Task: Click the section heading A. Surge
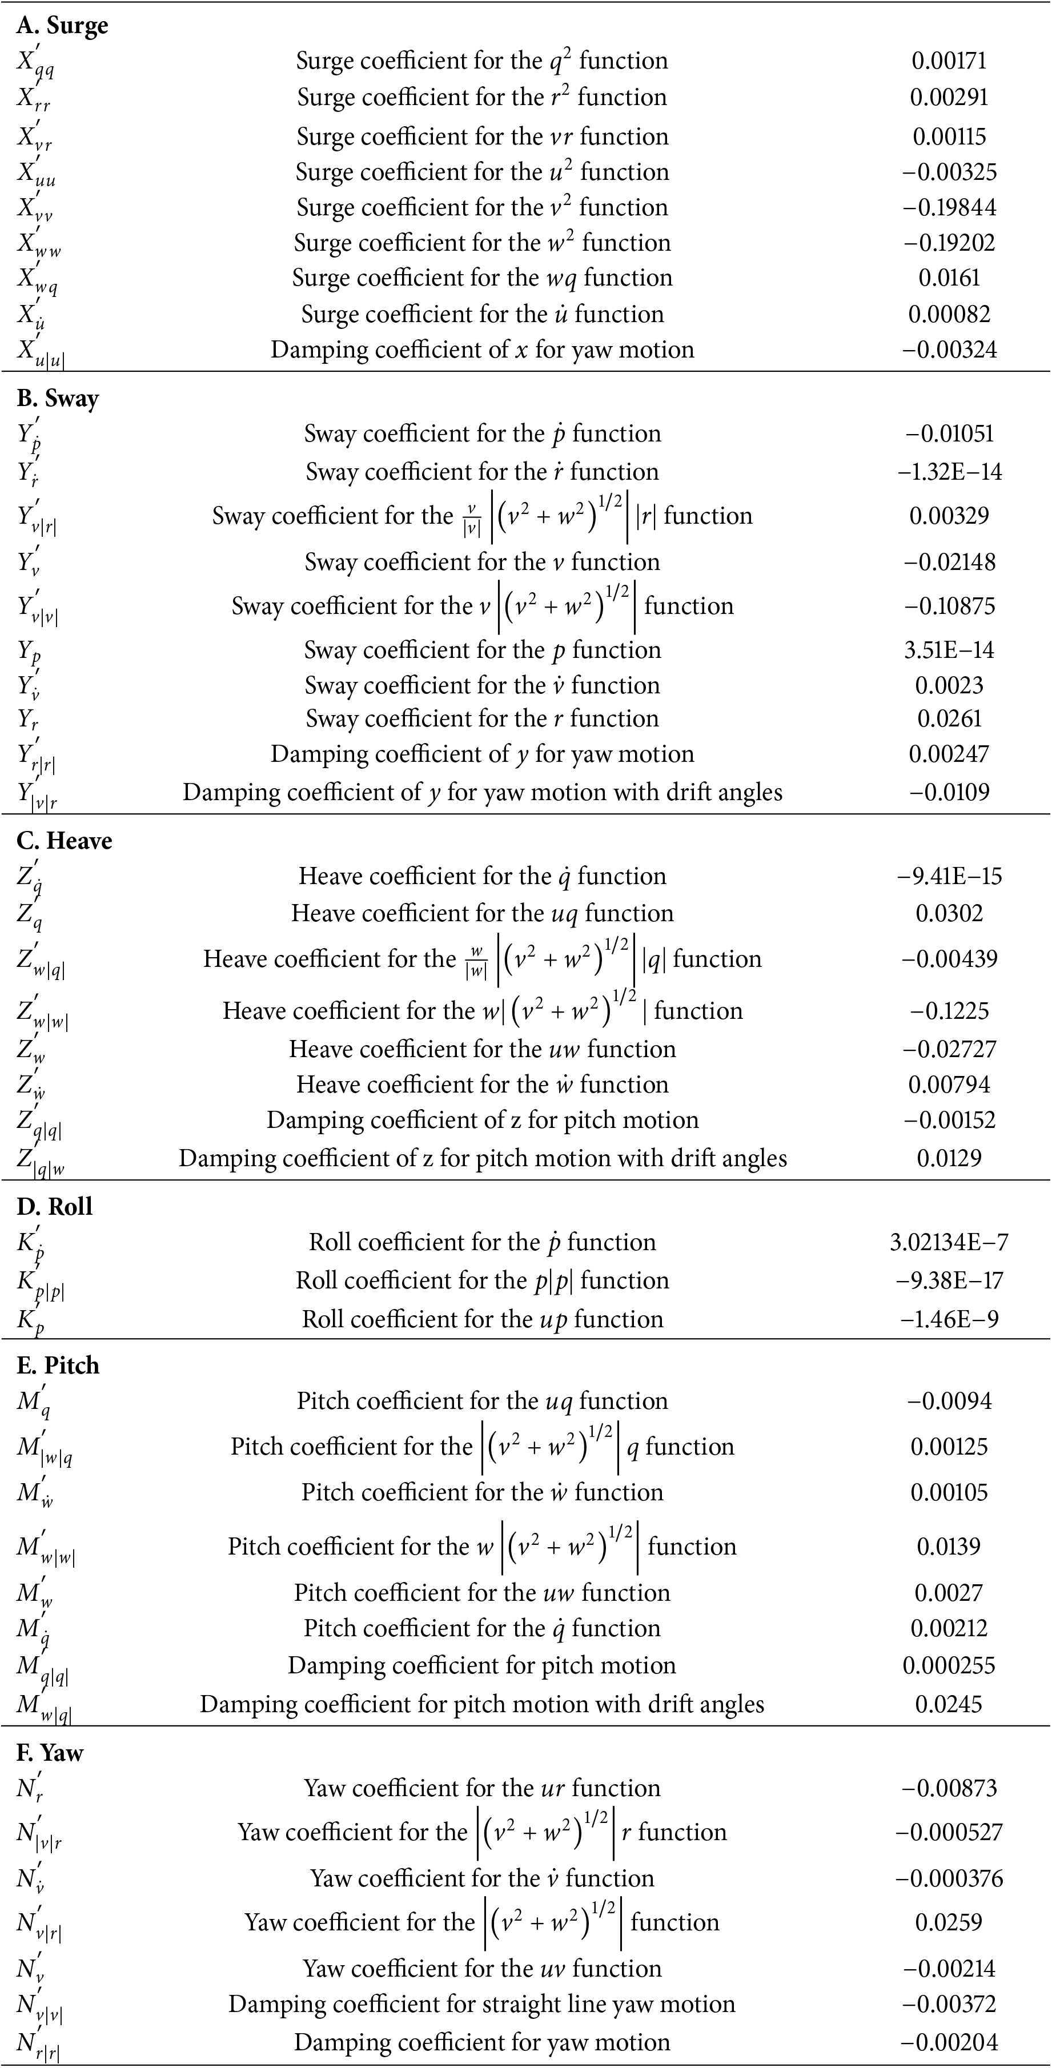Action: pyautogui.click(x=62, y=26)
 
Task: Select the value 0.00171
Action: pyautogui.click(x=949, y=61)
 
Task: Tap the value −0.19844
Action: pyautogui.click(x=949, y=207)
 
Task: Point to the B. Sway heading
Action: pyautogui.click(x=57, y=399)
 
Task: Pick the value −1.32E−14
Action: pyautogui.click(x=949, y=472)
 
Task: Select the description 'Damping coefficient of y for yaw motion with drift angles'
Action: pyautogui.click(x=482, y=792)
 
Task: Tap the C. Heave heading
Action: pyautogui.click(x=64, y=841)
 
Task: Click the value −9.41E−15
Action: pyautogui.click(x=949, y=876)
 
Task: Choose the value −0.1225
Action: pyautogui.click(x=949, y=1011)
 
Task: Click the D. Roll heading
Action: pyautogui.click(x=54, y=1207)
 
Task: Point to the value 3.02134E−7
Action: pyautogui.click(x=949, y=1242)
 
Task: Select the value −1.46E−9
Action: pyautogui.click(x=949, y=1319)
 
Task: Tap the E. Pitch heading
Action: pyautogui.click(x=58, y=1366)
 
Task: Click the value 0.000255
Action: pyautogui.click(x=949, y=1666)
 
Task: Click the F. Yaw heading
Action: pyautogui.click(x=50, y=1753)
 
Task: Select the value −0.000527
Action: pyautogui.click(x=949, y=1832)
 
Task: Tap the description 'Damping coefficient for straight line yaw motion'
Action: pyautogui.click(x=482, y=2004)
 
